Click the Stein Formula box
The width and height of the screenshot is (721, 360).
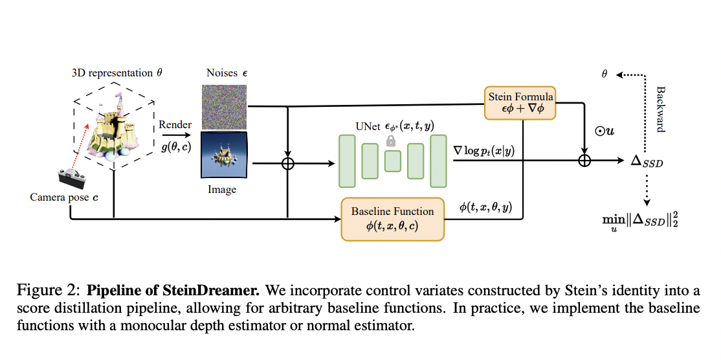point(519,102)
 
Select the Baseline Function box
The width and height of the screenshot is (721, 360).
point(392,219)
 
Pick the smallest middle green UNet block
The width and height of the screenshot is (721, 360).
point(392,161)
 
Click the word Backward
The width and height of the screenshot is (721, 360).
point(660,109)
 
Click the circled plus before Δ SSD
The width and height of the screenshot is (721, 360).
point(584,161)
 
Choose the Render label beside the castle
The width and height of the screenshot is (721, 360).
point(175,124)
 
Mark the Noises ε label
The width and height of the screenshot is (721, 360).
point(227,73)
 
